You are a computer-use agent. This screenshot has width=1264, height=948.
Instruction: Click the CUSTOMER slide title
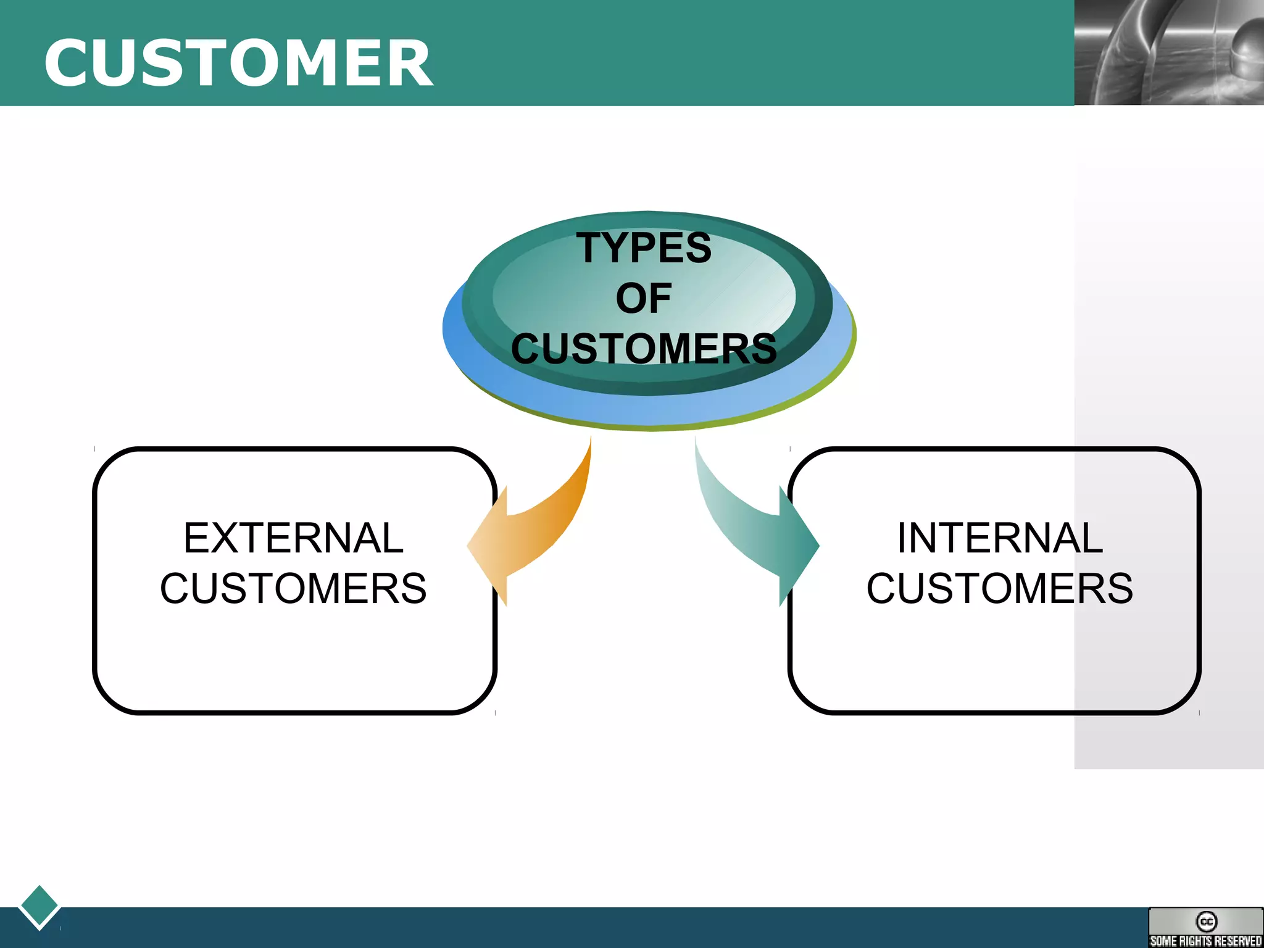[238, 63]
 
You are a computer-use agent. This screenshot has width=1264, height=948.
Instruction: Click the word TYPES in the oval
[644, 247]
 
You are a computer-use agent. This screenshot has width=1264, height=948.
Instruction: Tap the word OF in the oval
[643, 298]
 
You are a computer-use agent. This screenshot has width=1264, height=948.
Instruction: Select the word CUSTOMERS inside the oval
[644, 349]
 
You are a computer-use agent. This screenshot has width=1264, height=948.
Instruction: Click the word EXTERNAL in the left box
[293, 538]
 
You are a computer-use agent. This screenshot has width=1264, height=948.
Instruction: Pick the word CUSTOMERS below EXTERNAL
[293, 588]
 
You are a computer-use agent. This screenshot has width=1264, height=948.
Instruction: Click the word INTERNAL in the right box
[1000, 538]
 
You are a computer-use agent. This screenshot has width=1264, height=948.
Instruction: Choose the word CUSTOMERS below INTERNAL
[1000, 588]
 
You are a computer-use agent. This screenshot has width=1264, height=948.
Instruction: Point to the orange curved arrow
[543, 525]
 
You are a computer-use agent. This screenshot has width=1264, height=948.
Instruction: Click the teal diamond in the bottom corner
[39, 905]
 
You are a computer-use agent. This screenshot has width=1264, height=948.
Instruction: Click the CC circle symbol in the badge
[1206, 921]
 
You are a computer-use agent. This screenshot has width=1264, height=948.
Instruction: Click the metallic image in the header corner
[1168, 52]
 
